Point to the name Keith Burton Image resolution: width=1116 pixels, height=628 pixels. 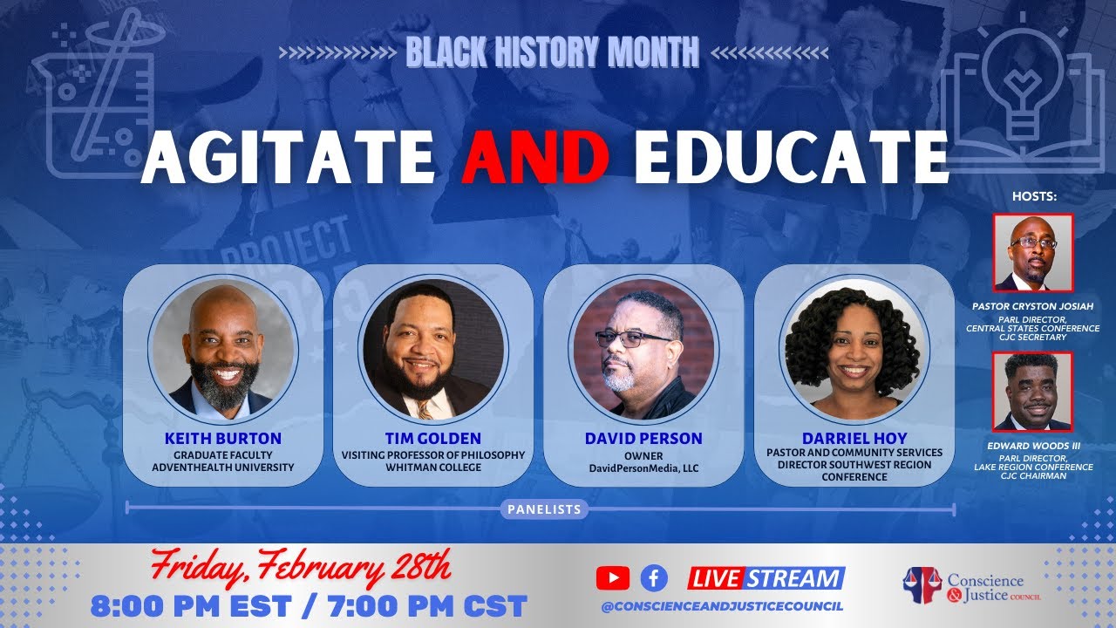(x=222, y=438)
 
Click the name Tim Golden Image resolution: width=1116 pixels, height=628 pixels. (x=432, y=438)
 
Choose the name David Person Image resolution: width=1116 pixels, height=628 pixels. (x=643, y=438)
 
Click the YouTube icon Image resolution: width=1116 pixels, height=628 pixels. (x=613, y=577)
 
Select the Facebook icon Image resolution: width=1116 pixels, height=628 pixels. (x=654, y=577)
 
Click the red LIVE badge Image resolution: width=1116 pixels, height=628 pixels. (x=716, y=577)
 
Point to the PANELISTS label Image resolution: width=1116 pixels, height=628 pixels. (x=544, y=509)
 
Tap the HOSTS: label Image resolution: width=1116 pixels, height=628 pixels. (x=1033, y=197)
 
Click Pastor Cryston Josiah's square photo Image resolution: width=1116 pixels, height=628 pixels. (x=1033, y=252)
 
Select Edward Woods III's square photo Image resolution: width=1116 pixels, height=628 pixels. (x=1033, y=392)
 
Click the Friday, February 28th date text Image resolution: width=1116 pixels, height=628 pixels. (x=301, y=568)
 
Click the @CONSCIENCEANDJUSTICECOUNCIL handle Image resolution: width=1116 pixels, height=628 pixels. (x=722, y=606)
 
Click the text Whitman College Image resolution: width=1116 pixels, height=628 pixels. (x=432, y=468)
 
